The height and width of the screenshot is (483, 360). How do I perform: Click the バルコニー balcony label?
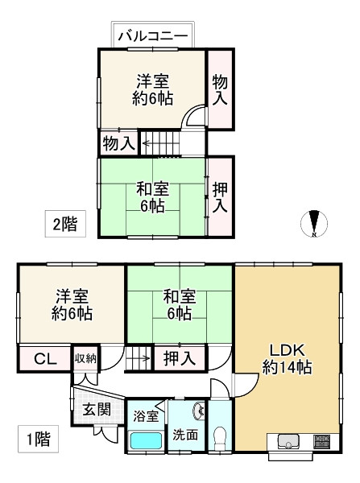151,36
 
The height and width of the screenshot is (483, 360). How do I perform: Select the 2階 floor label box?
64,223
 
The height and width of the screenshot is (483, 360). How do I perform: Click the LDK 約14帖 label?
287,358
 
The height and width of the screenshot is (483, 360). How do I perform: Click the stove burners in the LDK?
321,441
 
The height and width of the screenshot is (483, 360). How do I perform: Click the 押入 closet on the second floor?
219,196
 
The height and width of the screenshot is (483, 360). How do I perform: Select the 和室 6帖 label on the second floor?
151,197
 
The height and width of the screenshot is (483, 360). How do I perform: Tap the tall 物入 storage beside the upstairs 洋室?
219,89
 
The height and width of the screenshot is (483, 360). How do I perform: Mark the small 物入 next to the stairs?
118,144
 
